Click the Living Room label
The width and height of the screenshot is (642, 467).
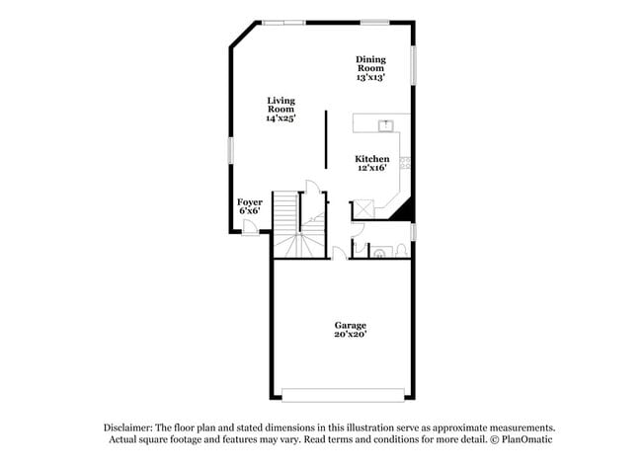point(281,105)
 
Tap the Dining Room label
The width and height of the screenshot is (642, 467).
point(370,63)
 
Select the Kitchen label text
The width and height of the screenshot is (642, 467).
point(372,159)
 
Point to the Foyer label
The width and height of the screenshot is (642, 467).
point(250,202)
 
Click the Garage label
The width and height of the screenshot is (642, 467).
point(350,325)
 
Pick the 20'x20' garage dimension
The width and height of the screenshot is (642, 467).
point(350,335)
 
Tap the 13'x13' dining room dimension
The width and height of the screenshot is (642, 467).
point(370,76)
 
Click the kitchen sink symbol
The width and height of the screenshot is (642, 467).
point(387,124)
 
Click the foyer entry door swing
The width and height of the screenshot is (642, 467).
point(250,227)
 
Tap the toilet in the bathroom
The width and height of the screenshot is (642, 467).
point(404,249)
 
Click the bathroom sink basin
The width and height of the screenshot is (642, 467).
point(379,253)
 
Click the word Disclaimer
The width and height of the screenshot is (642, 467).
point(129,428)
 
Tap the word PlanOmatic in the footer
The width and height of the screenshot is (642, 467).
point(530,439)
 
